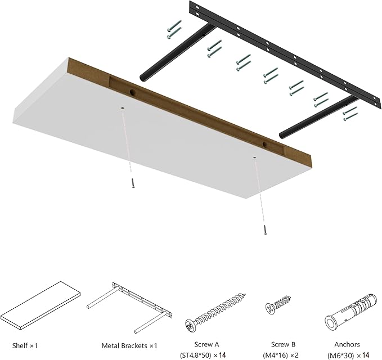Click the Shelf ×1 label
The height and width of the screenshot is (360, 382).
click(24, 344)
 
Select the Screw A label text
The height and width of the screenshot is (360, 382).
click(215, 344)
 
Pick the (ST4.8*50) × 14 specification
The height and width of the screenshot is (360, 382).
click(215, 354)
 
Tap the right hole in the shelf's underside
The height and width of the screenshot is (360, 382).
click(254, 159)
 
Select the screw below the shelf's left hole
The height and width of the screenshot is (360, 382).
click(133, 183)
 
